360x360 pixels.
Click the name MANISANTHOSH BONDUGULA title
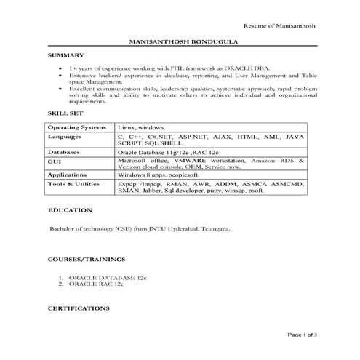pos(179,42)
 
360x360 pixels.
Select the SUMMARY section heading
pos(66,55)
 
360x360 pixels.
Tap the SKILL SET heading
pos(65,115)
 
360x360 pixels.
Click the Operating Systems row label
pos(76,127)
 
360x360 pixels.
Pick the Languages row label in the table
pos(65,137)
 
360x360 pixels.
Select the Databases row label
pos(65,152)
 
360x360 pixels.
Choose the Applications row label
pos(68,175)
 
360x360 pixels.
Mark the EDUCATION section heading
pos(70,210)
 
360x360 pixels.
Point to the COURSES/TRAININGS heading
pos(87,259)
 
